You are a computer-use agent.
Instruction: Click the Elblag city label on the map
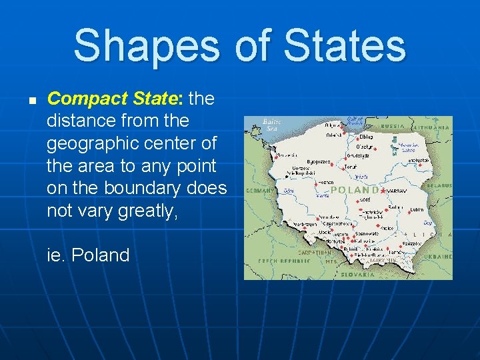coord(366,136)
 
